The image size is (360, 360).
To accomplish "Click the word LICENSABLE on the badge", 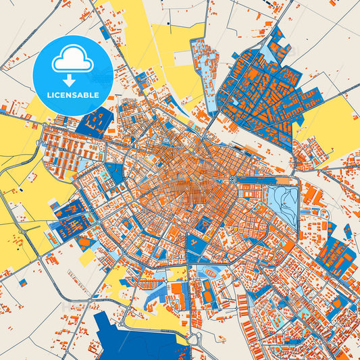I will point(72,95).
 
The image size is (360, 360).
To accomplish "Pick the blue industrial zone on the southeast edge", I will point(334,257).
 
